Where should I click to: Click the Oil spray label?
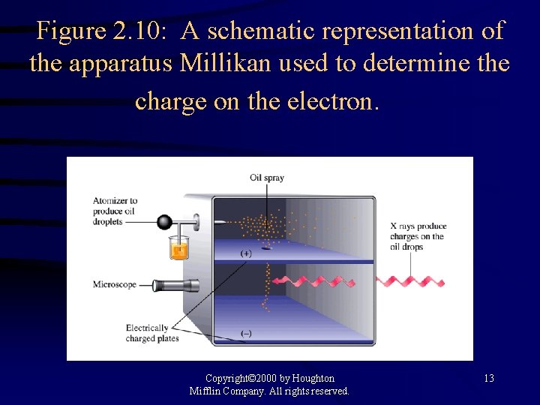(267, 178)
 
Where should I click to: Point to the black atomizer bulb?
(164, 222)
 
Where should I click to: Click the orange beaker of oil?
(178, 248)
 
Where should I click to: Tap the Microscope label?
(115, 284)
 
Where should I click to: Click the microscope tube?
(176, 285)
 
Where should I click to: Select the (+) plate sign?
(246, 253)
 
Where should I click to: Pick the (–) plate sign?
(246, 333)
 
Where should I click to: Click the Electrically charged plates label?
(147, 333)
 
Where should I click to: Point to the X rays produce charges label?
(418, 236)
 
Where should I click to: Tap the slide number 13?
(488, 378)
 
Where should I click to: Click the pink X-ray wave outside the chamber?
(409, 281)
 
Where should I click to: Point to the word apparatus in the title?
(122, 64)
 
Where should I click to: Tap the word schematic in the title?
(262, 31)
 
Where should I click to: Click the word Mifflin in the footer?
(209, 391)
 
